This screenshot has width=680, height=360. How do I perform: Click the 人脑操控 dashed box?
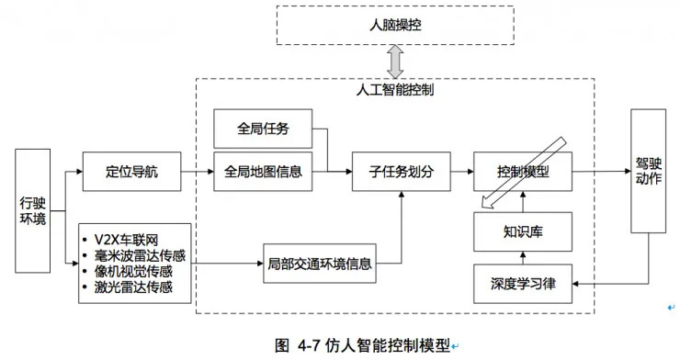pos(393,25)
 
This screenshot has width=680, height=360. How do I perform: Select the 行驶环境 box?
pos(33,210)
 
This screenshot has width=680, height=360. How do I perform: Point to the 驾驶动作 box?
pos(648,171)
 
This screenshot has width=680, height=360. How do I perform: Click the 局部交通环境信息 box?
pos(319,264)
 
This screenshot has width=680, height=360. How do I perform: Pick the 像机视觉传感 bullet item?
pos(133,271)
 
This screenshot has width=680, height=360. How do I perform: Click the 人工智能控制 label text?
pos(394,91)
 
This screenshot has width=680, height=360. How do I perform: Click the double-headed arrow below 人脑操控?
pos(394,62)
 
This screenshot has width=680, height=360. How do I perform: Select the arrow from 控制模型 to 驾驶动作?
pos(602,171)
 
